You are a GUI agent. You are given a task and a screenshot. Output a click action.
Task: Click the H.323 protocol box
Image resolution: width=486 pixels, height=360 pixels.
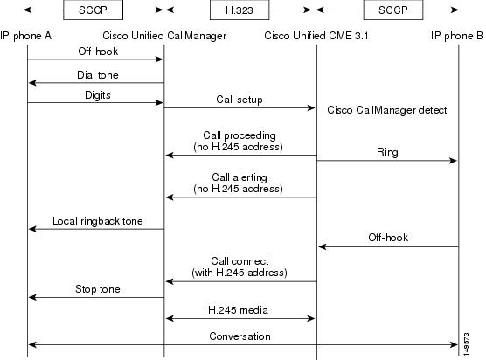[240, 10]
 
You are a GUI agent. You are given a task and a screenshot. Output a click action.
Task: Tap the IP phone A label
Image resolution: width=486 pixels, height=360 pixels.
[25, 36]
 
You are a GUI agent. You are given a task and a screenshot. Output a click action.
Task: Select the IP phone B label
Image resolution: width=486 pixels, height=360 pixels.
[456, 36]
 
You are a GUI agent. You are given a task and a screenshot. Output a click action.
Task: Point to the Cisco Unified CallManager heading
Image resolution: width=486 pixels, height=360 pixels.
[164, 36]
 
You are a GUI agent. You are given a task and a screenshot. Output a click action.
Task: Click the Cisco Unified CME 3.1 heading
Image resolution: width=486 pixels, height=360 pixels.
[316, 36]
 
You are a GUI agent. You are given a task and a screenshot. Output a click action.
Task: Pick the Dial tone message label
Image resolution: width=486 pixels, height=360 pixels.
[98, 75]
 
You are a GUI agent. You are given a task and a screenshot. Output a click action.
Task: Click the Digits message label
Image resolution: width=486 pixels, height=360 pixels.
[98, 95]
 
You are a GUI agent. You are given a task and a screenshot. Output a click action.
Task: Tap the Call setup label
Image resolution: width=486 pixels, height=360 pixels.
[240, 100]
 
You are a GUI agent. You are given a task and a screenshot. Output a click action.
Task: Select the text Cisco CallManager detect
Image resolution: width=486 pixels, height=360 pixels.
[387, 110]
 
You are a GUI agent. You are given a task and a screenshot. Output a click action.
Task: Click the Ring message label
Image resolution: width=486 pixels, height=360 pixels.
[387, 152]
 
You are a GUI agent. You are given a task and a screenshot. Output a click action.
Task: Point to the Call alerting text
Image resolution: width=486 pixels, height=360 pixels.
[240, 177]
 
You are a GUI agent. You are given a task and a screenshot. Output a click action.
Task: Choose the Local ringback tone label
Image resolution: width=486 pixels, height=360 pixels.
[98, 221]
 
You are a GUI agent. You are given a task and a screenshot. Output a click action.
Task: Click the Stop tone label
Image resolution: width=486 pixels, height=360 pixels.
[98, 289]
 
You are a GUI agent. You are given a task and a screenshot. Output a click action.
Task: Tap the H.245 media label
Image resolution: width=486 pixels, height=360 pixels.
[238, 310]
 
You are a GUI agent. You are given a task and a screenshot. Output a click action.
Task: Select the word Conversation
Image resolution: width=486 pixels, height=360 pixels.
[240, 336]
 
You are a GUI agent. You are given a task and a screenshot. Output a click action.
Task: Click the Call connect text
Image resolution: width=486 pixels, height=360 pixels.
[240, 261]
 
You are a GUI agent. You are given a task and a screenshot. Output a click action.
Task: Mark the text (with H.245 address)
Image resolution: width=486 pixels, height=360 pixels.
[240, 273]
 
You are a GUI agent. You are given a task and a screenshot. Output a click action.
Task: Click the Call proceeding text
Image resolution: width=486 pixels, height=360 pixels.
[240, 135]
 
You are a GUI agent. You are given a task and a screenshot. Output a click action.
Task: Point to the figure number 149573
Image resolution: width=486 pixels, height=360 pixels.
[466, 344]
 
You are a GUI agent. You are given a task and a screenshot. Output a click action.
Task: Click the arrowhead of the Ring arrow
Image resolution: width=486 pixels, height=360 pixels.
[453, 161]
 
